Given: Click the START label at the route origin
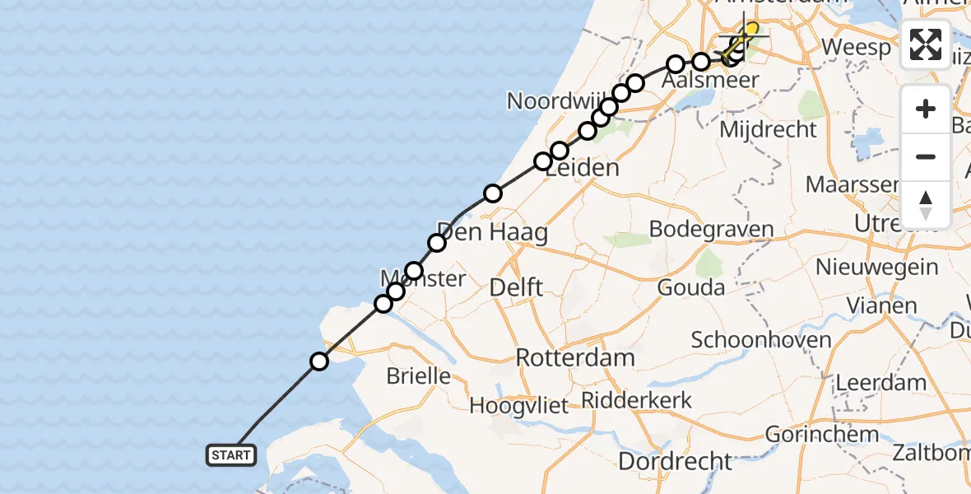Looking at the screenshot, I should (231, 455).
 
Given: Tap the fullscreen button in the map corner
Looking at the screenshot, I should (926, 44).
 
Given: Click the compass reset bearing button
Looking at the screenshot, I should (926, 205).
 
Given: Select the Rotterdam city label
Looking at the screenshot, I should (575, 358).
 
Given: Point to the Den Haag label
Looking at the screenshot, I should (491, 232).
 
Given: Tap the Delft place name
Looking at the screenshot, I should (516, 287).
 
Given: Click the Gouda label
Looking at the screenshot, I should (690, 287).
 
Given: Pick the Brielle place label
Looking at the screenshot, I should (420, 376).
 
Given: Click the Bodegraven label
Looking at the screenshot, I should (711, 228).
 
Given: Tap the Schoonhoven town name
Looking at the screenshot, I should (761, 339).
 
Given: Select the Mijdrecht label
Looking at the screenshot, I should (768, 129).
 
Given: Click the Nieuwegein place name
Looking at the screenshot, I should (876, 267).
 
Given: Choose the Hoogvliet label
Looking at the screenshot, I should (519, 405).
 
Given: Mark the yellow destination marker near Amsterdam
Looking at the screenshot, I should (750, 30).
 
